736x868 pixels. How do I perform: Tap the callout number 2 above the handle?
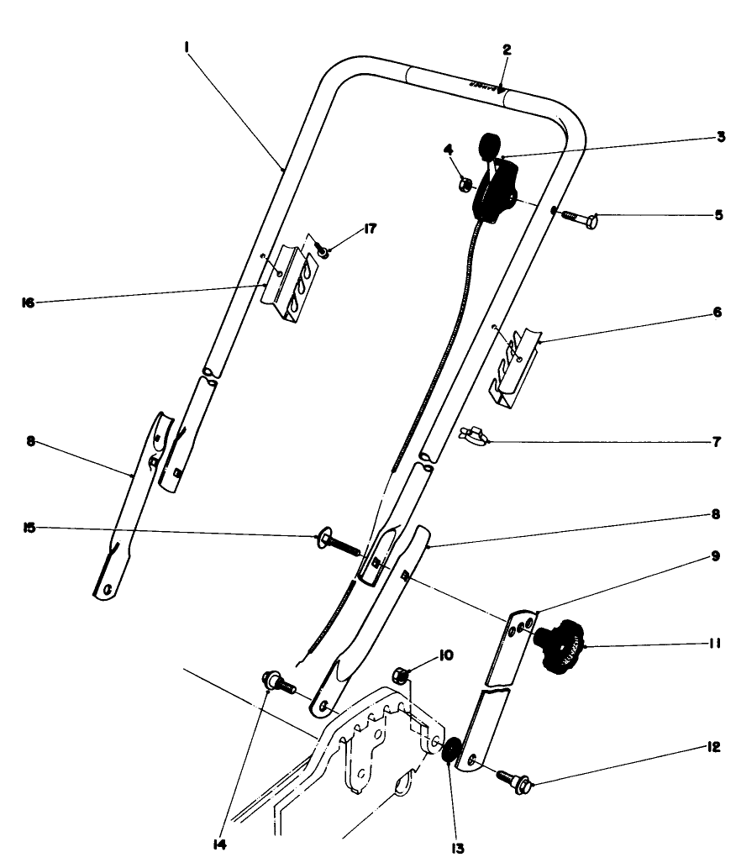(507, 50)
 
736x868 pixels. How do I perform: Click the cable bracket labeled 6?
(514, 366)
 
